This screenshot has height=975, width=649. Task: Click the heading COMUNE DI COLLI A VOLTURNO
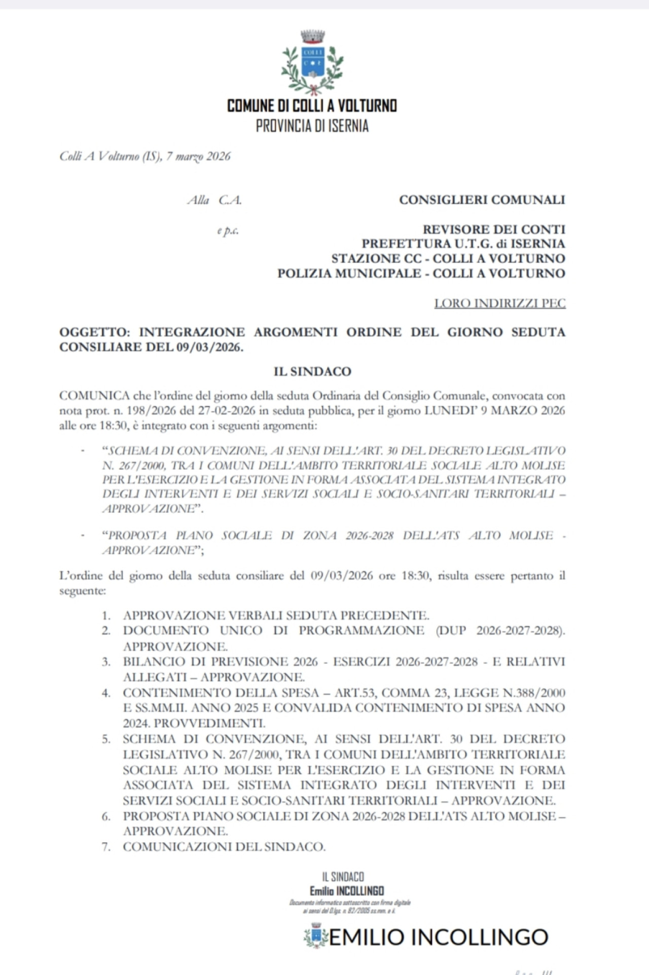[x=312, y=105]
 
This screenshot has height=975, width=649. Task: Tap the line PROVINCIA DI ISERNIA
[x=312, y=126]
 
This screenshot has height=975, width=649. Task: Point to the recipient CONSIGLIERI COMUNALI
[x=482, y=200]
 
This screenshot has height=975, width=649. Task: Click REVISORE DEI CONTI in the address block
[x=494, y=229]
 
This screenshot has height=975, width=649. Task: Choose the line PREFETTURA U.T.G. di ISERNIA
[x=463, y=244]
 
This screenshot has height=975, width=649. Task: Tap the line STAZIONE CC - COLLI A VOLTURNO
[x=448, y=258]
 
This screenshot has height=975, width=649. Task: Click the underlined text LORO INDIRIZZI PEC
[x=499, y=303]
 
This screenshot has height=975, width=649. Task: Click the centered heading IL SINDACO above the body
[x=312, y=371]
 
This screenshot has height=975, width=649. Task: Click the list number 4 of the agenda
[x=106, y=693]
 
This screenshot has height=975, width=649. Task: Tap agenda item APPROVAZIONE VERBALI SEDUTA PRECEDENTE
[x=276, y=616]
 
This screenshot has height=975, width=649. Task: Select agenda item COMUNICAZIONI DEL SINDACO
[x=224, y=847]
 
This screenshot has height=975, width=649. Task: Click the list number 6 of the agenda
[x=106, y=816]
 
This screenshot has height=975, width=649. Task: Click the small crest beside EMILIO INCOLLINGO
[x=316, y=935]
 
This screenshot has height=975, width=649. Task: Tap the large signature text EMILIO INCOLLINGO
[x=439, y=937]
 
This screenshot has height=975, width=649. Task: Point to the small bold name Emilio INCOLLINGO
[x=347, y=891]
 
